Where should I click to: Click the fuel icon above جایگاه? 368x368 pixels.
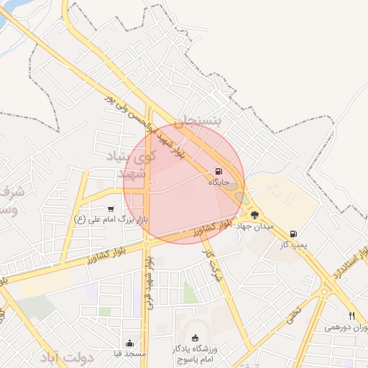[218, 172]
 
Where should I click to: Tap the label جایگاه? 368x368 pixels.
[218, 183]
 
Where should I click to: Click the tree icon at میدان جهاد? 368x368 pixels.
[254, 214]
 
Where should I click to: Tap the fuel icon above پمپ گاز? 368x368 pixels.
[293, 234]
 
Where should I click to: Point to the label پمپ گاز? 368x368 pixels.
[293, 245]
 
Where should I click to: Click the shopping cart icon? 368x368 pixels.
[110, 208]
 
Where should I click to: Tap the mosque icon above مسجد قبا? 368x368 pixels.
[129, 343]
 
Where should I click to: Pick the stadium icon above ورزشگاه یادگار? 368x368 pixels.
[195, 338]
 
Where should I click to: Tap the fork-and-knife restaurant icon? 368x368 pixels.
[351, 316]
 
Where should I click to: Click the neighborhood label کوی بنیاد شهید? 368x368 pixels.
[134, 165]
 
